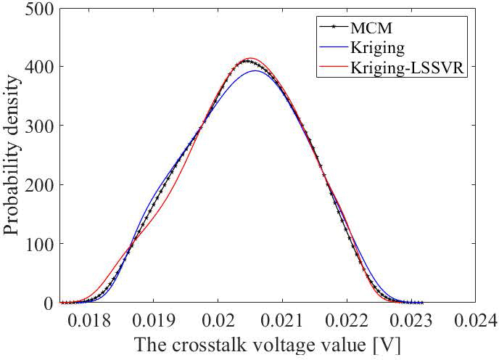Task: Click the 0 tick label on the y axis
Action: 45,303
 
